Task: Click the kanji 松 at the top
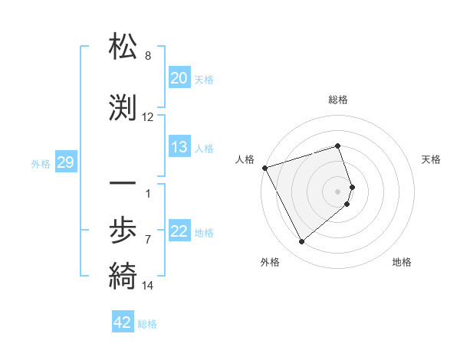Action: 123,47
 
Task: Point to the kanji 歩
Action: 123,229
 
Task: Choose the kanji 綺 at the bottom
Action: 123,275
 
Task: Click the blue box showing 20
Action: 179,77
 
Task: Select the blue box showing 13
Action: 179,147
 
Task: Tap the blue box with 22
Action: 179,232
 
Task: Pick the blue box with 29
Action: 65,162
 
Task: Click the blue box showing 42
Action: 123,322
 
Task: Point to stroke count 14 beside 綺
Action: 148,286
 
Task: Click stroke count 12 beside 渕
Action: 148,117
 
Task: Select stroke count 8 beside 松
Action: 148,56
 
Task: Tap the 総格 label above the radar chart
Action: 338,100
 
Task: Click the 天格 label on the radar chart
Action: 431,159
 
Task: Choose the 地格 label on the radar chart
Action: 402,262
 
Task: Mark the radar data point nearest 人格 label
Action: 264,168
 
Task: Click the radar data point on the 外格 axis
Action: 301,242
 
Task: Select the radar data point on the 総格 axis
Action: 338,146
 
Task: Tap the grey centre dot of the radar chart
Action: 338,191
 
